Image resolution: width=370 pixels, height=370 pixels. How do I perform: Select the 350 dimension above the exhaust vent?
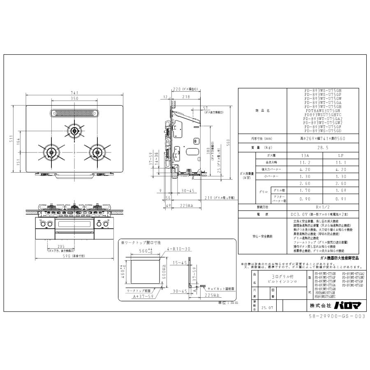(74, 99)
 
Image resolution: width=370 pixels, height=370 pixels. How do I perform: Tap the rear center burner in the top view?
(74, 131)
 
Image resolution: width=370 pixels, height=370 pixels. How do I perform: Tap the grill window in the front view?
(74, 224)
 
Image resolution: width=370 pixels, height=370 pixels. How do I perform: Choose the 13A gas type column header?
(305, 157)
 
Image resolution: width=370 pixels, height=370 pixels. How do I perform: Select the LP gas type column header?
(340, 157)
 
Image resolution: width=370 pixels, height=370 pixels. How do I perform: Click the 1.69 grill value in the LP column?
(340, 191)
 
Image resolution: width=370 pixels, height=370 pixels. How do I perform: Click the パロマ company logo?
(343, 306)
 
